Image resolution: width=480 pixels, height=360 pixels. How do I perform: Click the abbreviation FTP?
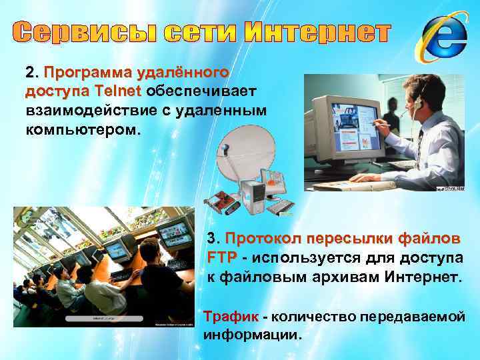tap(219, 257)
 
